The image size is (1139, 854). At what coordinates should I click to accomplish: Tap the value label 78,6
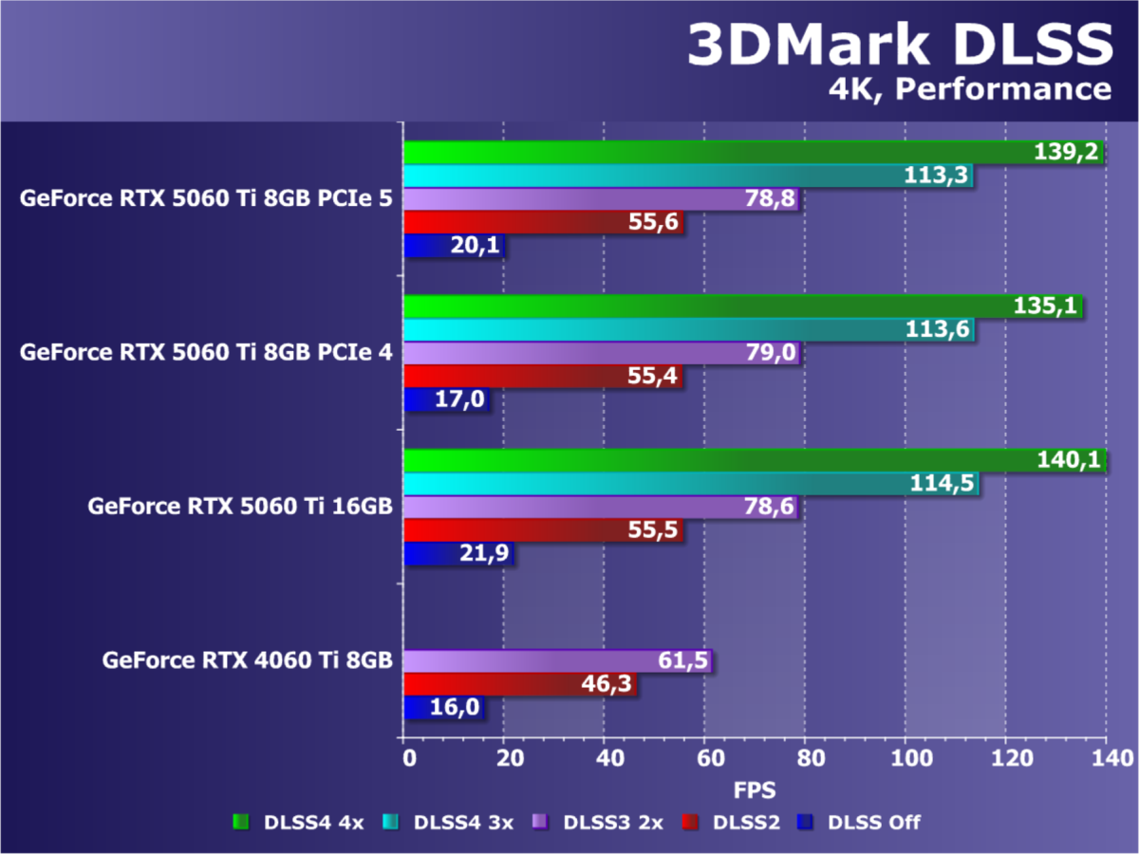click(769, 508)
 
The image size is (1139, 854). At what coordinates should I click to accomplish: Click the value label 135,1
click(1050, 306)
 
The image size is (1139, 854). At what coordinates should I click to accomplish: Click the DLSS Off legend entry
click(860, 822)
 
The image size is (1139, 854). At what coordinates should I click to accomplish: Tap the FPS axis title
click(755, 789)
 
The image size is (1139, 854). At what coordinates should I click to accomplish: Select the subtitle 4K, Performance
click(968, 89)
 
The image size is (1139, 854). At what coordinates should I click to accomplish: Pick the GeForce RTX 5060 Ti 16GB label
click(240, 507)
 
